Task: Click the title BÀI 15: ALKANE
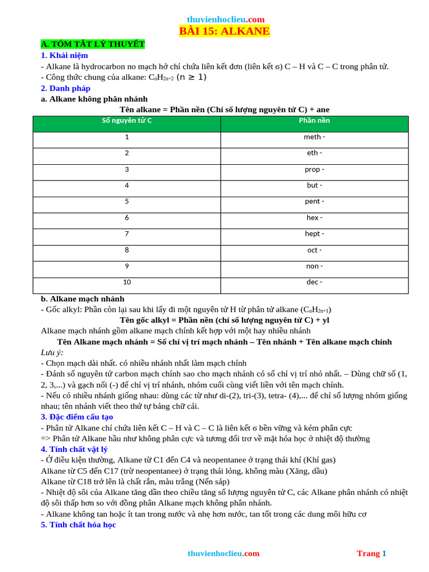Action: (224, 31)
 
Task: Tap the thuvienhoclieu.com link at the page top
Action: (226, 19)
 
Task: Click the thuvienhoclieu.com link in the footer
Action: (223, 553)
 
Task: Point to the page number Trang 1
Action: (371, 553)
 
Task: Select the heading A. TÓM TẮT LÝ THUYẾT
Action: (93, 44)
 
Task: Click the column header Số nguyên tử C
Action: (127, 121)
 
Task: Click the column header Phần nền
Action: (314, 121)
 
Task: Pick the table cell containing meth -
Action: (314, 137)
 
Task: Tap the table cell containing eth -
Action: (314, 153)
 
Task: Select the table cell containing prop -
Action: (314, 169)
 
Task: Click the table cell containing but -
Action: (314, 185)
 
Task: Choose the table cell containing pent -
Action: (314, 201)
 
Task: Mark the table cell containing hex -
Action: (314, 218)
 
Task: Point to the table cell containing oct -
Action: (314, 250)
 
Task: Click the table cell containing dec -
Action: (314, 282)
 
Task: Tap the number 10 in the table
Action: (127, 282)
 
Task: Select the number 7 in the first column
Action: (127, 234)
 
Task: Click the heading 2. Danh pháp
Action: (65, 88)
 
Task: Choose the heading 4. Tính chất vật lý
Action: (74, 449)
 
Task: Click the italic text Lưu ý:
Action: (52, 352)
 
